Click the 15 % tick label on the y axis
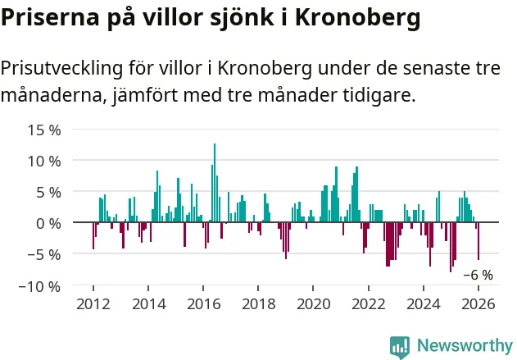(43, 130)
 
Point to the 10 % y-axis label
(43, 161)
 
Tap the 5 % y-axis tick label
(48, 192)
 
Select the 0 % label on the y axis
(48, 223)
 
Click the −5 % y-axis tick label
(43, 254)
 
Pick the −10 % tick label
(39, 286)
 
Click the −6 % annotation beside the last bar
(478, 276)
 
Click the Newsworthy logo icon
(400, 346)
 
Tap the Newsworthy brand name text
(465, 346)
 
